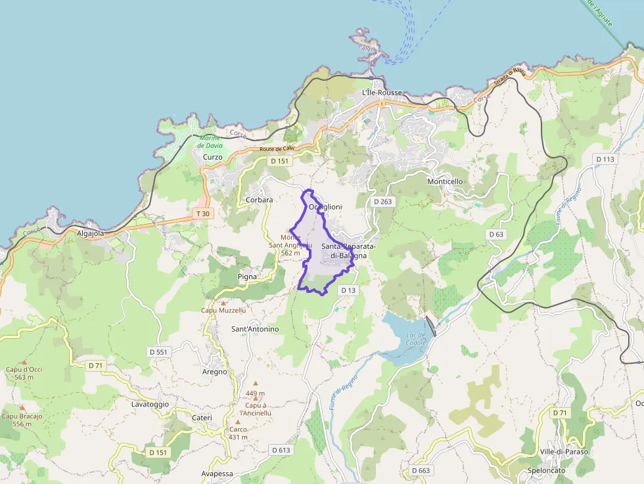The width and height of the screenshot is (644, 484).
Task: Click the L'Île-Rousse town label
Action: click(x=382, y=93)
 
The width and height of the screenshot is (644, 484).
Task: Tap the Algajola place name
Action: click(x=91, y=233)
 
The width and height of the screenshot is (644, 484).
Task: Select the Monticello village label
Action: click(x=445, y=181)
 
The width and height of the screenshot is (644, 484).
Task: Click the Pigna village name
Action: click(x=247, y=276)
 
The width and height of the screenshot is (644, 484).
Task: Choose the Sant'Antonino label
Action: click(x=255, y=328)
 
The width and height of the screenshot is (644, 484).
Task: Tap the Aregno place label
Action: click(x=215, y=372)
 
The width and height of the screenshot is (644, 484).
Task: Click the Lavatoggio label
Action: click(x=150, y=404)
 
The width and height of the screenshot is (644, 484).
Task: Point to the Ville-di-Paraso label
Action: click(x=564, y=452)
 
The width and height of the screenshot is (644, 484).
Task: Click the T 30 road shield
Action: click(x=203, y=213)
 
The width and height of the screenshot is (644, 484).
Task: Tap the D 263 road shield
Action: click(x=382, y=202)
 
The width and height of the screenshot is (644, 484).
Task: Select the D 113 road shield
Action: click(x=605, y=159)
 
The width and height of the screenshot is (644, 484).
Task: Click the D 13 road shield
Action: click(x=348, y=290)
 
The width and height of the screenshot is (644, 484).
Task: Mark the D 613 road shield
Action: click(x=281, y=450)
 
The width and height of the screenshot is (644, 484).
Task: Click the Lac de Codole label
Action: click(x=417, y=339)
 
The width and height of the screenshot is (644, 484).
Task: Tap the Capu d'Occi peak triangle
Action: click(x=24, y=362)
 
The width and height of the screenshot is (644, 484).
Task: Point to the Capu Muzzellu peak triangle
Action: click(x=223, y=303)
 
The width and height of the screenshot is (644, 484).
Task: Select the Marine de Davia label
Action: click(x=211, y=141)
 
